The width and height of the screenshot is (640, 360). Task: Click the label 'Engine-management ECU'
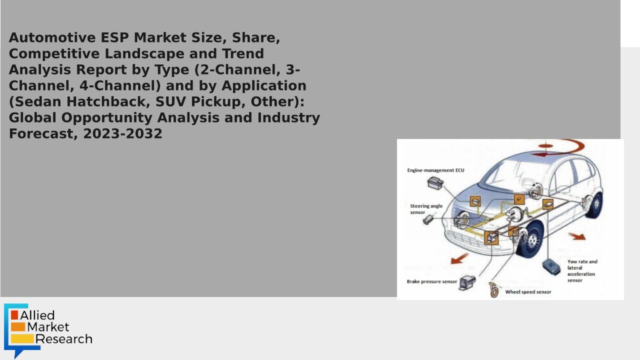(435, 170)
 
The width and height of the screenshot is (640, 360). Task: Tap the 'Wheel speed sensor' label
(528, 292)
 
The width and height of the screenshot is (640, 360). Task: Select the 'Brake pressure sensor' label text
(431, 281)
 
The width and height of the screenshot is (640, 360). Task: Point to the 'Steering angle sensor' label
(426, 209)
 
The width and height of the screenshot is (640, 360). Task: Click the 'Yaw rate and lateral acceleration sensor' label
(582, 270)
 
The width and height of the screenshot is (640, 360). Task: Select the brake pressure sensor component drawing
(467, 282)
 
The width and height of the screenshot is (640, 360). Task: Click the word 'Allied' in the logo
(37, 315)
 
